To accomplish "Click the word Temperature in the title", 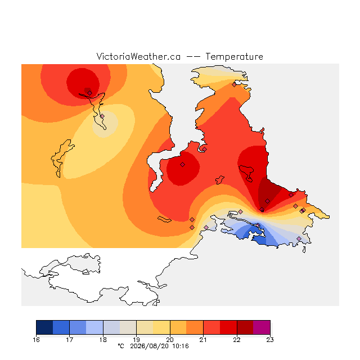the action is [x=234, y=56].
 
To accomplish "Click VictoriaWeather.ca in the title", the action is [x=138, y=56].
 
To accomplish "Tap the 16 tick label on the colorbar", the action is [x=36, y=340].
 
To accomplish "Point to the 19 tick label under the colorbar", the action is [x=136, y=340].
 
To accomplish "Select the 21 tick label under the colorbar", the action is [x=203, y=340].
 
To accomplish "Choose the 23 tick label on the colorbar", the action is [x=270, y=340].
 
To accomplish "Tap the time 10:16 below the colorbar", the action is [x=181, y=346].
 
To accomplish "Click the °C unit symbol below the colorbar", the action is [x=121, y=346].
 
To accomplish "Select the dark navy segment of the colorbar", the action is [x=44, y=327].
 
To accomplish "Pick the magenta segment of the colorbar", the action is [x=262, y=327].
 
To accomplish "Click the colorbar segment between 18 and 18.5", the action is [x=111, y=327].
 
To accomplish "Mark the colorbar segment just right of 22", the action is [x=245, y=327].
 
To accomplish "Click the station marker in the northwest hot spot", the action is [x=90, y=93].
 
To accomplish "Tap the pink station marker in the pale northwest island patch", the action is [x=102, y=116].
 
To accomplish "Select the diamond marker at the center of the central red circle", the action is [x=182, y=164].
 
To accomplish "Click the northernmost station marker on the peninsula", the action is [x=234, y=85].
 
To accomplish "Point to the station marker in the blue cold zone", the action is [x=258, y=225].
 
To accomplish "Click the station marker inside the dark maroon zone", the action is [x=268, y=201].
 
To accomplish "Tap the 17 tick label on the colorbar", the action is [x=70, y=340].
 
